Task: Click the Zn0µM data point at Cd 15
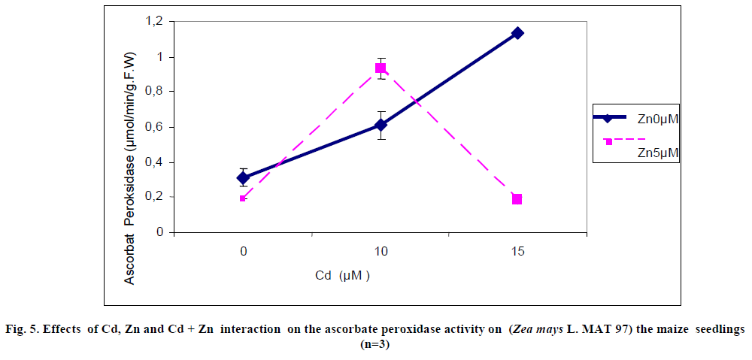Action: point(517,33)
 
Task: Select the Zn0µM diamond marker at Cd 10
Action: point(381,125)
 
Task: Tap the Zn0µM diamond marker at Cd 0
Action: point(243,178)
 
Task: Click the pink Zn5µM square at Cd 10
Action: point(381,68)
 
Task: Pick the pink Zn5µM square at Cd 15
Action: point(517,199)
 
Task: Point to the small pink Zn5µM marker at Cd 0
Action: point(243,198)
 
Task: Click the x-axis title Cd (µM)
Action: point(343,276)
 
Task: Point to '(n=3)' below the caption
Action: point(376,344)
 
